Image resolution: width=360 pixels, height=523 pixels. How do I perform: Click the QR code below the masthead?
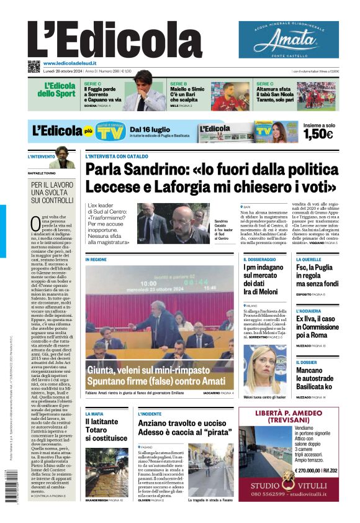[x=34, y=65]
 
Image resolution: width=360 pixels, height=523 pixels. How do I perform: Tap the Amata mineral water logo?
[x=289, y=40]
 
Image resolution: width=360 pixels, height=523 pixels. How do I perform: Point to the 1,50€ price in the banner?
[x=318, y=134]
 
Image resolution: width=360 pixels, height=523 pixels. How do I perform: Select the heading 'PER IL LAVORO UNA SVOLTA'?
[x=52, y=193]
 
